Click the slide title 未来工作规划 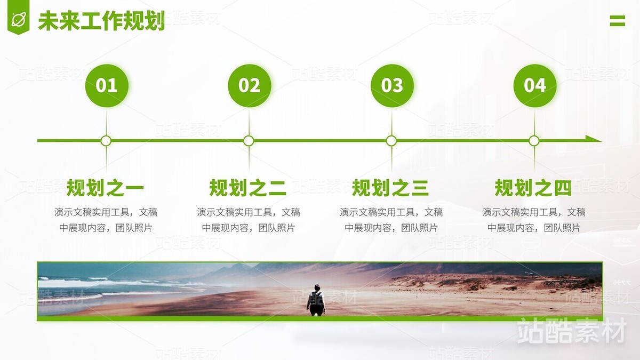[101, 21]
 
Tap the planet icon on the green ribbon [19, 20]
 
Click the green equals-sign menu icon [617, 21]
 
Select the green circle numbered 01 [106, 85]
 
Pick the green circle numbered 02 [249, 85]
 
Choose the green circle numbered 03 [392, 85]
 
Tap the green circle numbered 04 [534, 85]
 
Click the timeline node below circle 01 [106, 141]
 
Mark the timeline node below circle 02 [249, 141]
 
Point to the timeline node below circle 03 [391, 141]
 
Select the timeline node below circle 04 [534, 141]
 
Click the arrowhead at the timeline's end [595, 139]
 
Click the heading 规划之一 [105, 188]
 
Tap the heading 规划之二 [248, 188]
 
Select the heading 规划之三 [390, 188]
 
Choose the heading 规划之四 [533, 188]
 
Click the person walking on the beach [316, 300]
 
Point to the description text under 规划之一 [106, 220]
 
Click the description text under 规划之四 [534, 220]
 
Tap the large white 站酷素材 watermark [571, 331]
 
